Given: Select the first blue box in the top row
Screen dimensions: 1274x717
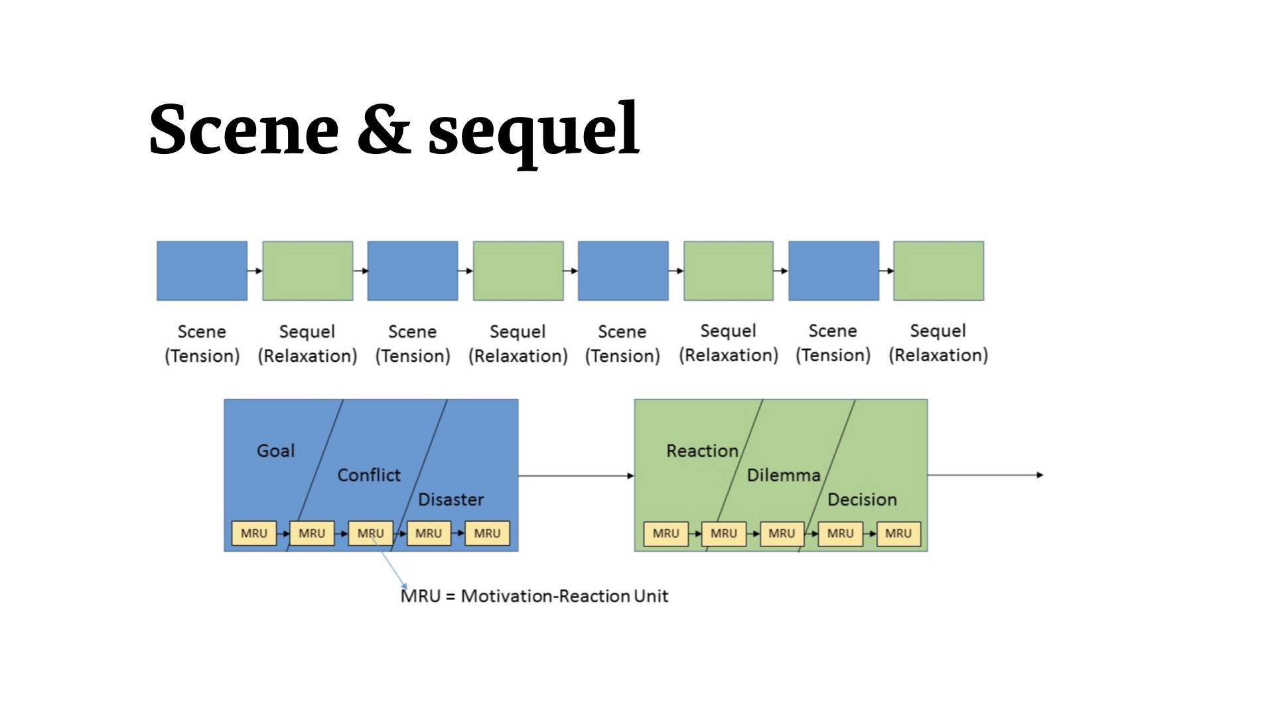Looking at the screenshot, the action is coord(202,271).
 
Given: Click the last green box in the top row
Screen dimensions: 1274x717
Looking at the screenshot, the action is coord(939,271).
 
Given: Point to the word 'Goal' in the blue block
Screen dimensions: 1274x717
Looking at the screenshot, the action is coord(275,451).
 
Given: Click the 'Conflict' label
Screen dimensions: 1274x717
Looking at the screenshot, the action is coord(369,475).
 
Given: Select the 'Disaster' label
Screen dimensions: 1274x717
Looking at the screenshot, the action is coord(451,499).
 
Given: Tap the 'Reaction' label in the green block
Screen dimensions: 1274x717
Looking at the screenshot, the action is coord(702,451).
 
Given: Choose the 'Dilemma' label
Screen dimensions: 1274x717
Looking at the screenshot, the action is coord(784,475).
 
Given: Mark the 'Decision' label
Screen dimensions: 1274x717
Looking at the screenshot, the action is coord(862,499).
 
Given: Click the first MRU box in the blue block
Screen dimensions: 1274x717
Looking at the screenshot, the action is coord(254,533).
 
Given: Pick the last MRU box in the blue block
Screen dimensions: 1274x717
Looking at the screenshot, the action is coord(487,533).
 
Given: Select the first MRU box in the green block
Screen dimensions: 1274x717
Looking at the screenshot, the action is coord(666,533).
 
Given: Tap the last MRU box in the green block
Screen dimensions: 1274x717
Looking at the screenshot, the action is coord(898,533).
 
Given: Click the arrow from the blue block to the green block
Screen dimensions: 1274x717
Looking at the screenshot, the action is coord(576,475).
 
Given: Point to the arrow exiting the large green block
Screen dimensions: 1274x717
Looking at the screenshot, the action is coord(985,475).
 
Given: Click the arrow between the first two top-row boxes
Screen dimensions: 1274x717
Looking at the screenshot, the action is coord(255,271).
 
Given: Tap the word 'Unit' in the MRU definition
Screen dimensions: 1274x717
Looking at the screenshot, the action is coord(651,596).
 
